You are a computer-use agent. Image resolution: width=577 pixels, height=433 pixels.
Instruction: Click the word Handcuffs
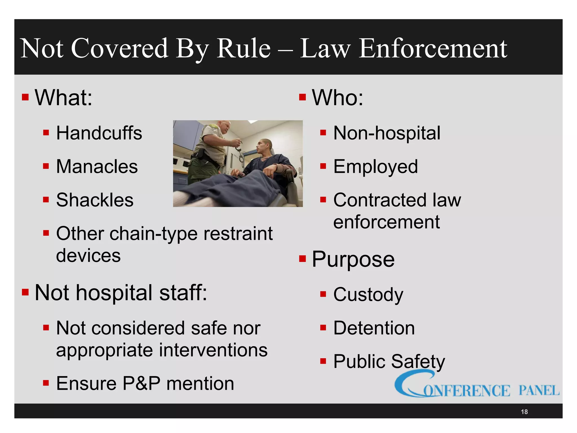click(x=99, y=133)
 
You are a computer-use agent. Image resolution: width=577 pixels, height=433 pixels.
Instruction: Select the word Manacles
click(x=97, y=166)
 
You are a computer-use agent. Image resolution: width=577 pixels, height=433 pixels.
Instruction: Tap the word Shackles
click(x=95, y=200)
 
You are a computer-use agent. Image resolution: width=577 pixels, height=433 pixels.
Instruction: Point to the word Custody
click(x=368, y=295)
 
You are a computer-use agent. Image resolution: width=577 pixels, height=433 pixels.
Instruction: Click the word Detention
click(x=374, y=328)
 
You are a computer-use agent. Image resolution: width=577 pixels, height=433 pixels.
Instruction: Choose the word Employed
click(x=375, y=167)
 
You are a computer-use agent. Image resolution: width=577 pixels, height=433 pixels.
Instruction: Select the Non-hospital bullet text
click(x=387, y=133)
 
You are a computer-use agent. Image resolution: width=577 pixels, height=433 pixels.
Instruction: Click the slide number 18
click(x=524, y=412)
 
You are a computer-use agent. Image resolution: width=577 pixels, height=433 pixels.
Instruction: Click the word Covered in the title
click(x=120, y=48)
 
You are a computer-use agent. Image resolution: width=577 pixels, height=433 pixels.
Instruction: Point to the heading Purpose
click(x=353, y=259)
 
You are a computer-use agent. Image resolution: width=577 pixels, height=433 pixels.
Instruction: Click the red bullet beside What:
click(x=25, y=97)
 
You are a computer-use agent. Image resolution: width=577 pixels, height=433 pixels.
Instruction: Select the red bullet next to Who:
click(x=302, y=97)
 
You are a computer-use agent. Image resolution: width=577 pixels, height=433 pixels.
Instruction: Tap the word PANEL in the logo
click(x=539, y=391)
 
